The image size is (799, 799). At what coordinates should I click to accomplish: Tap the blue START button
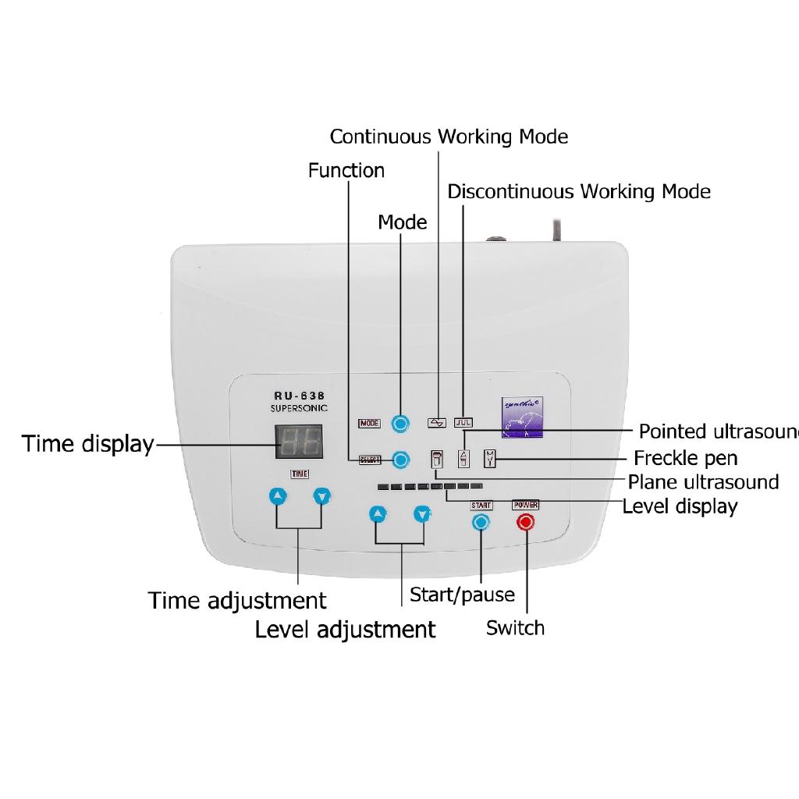(x=481, y=523)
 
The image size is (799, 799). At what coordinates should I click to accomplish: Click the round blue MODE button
(x=400, y=424)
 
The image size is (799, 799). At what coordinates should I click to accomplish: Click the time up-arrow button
(x=279, y=496)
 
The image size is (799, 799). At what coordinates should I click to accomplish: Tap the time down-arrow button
(x=322, y=496)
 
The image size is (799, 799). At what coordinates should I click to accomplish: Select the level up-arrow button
(x=378, y=514)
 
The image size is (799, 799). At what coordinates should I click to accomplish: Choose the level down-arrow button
(x=422, y=514)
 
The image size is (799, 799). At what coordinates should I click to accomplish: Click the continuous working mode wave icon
(x=437, y=423)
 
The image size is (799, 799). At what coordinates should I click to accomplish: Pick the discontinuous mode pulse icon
(x=464, y=423)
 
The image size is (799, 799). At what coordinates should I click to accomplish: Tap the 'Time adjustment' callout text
(x=237, y=601)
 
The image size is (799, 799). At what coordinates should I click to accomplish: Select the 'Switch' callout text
(x=515, y=628)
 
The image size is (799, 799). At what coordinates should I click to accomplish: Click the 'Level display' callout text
(x=680, y=506)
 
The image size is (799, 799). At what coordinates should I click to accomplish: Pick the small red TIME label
(x=300, y=474)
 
